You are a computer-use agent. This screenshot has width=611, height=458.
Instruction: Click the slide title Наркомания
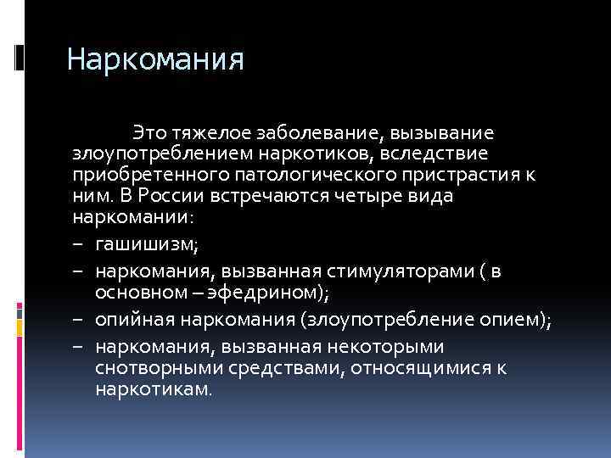(155, 60)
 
